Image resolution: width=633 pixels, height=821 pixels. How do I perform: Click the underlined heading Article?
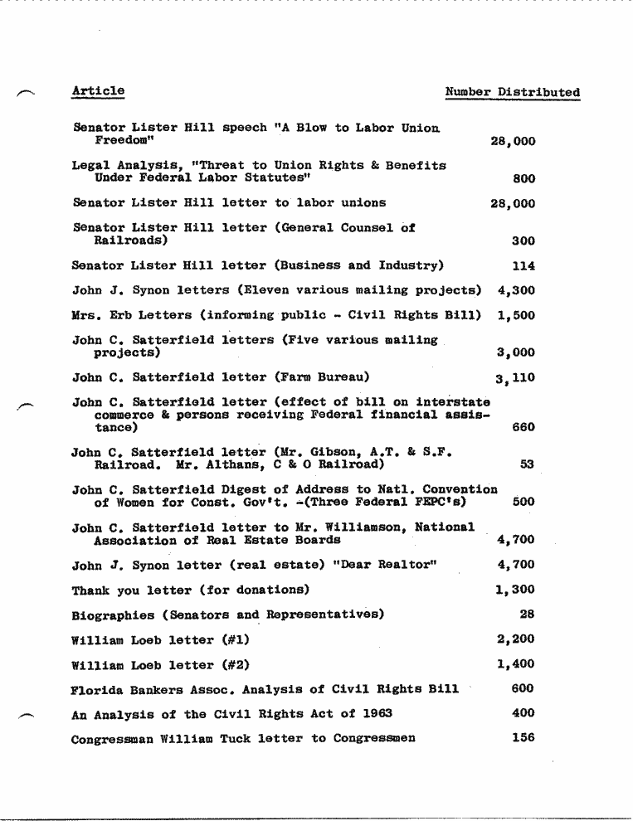pos(98,91)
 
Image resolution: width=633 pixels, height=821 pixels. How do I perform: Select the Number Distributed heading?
pos(512,93)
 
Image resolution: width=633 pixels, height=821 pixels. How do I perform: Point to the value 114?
pos(523,266)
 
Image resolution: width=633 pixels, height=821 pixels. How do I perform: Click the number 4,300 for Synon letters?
pos(516,291)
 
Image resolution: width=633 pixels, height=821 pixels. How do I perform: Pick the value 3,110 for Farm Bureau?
pos(515,379)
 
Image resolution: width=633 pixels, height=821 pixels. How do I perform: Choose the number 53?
pos(527,465)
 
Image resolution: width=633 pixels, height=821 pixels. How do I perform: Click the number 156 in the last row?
pos(523,738)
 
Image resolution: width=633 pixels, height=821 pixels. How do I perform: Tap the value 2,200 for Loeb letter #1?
pos(515,639)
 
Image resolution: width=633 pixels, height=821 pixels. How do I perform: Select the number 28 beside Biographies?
pos(527,615)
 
